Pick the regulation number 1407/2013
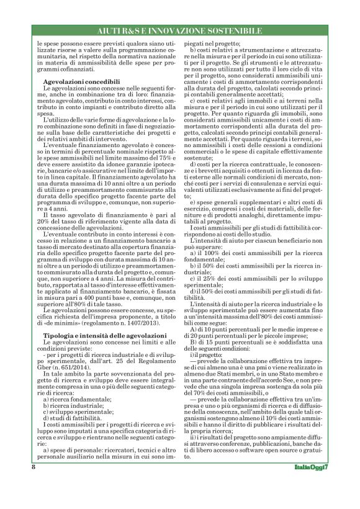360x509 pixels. tap(142, 324)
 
